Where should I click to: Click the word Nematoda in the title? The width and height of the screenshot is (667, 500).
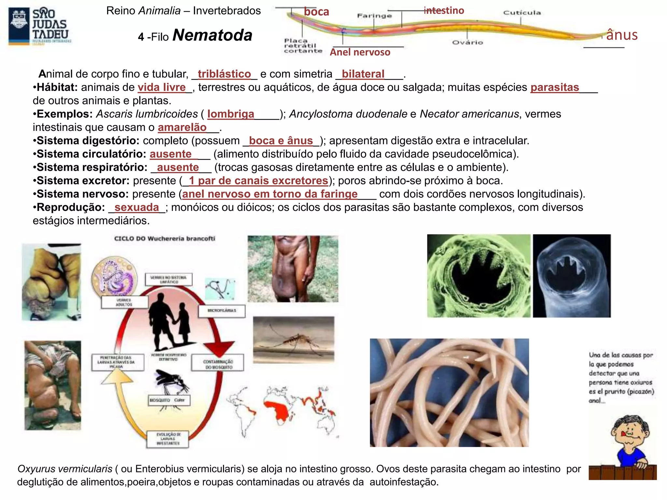pyautogui.click(x=212, y=35)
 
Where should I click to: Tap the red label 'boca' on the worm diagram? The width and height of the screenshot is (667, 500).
pyautogui.click(x=316, y=12)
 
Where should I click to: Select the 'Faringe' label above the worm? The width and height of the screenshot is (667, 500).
pyautogui.click(x=374, y=16)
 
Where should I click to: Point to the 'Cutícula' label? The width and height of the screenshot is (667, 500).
pyautogui.click(x=522, y=13)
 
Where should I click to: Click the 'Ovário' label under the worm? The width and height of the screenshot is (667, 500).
pyautogui.click(x=467, y=42)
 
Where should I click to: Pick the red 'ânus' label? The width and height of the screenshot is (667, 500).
pyautogui.click(x=621, y=35)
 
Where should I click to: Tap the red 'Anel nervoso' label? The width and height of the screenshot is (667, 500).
pyautogui.click(x=360, y=52)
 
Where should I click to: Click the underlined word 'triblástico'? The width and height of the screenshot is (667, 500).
pyautogui.click(x=224, y=74)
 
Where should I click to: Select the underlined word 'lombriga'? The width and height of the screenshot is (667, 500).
pyautogui.click(x=231, y=114)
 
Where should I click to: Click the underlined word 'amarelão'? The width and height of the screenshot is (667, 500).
pyautogui.click(x=182, y=127)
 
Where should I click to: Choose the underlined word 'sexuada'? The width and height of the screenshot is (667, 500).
pyautogui.click(x=136, y=207)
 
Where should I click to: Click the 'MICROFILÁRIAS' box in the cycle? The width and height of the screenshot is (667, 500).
pyautogui.click(x=222, y=311)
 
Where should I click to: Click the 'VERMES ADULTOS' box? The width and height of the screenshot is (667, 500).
pyautogui.click(x=124, y=302)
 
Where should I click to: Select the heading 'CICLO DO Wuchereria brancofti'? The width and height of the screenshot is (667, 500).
pyautogui.click(x=164, y=239)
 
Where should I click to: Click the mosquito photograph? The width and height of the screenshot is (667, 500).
pyautogui.click(x=293, y=339)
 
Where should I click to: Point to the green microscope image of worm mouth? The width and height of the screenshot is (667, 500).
pyautogui.click(x=478, y=276)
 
